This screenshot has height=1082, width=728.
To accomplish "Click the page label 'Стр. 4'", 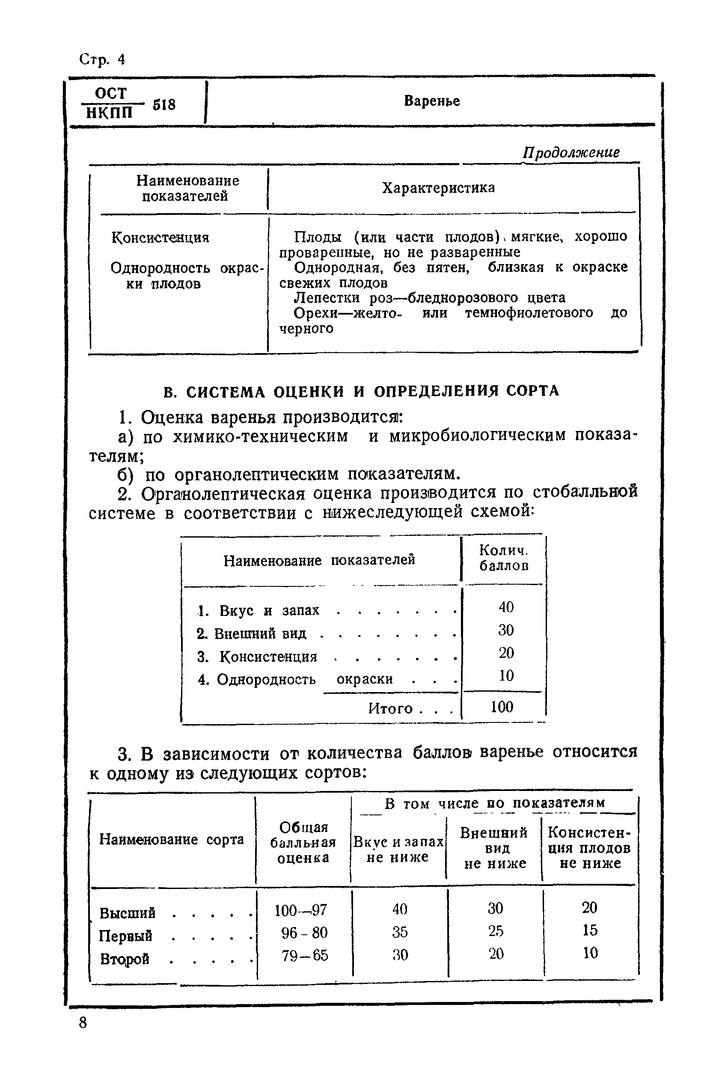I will [102, 59].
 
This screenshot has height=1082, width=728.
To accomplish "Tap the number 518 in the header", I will [164, 105].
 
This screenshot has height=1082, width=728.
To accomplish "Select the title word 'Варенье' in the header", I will [431, 101].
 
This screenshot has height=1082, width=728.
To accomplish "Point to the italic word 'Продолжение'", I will [571, 152].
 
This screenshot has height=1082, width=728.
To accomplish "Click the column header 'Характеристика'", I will [438, 188].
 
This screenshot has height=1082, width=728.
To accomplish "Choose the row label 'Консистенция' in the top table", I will [160, 238].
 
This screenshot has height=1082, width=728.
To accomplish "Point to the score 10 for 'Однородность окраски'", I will [505, 675].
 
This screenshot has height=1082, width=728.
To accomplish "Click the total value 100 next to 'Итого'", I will [502, 707].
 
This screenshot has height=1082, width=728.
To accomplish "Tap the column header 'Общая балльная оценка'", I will [303, 842].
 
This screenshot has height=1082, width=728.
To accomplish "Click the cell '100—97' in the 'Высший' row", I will [300, 910].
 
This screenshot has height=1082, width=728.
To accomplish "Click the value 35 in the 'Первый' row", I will [400, 932].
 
